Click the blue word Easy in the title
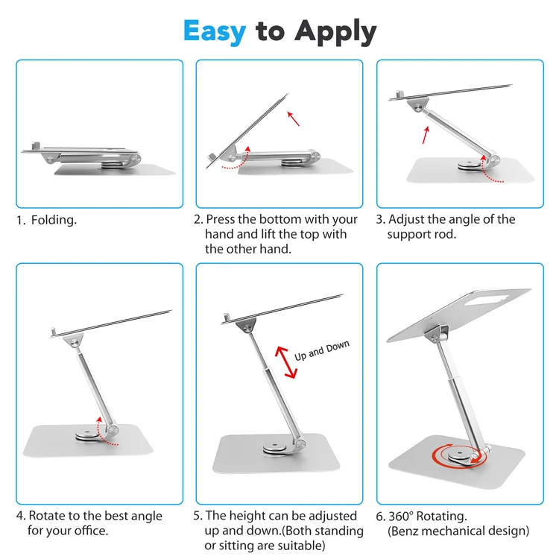tap(215, 32)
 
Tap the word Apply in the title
tap(335, 33)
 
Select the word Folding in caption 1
tap(54, 221)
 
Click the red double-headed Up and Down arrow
tap(286, 362)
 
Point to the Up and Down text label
tap(321, 350)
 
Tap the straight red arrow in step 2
tap(294, 119)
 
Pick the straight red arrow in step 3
tap(426, 135)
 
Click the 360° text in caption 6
tap(401, 517)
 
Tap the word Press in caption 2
tap(221, 219)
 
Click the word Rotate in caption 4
tap(47, 516)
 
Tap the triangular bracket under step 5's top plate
tap(246, 325)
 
